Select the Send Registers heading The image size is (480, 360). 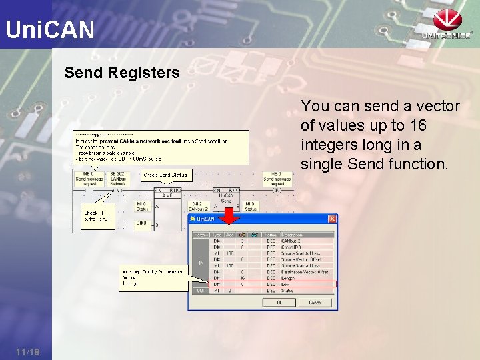click(x=122, y=73)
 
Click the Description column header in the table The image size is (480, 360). click(x=292, y=235)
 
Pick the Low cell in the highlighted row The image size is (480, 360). click(x=286, y=283)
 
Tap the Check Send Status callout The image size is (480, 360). click(x=167, y=175)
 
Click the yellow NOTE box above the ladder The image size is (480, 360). click(x=161, y=147)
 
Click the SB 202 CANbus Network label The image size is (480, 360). click(x=118, y=177)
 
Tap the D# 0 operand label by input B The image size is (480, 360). click(x=141, y=223)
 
